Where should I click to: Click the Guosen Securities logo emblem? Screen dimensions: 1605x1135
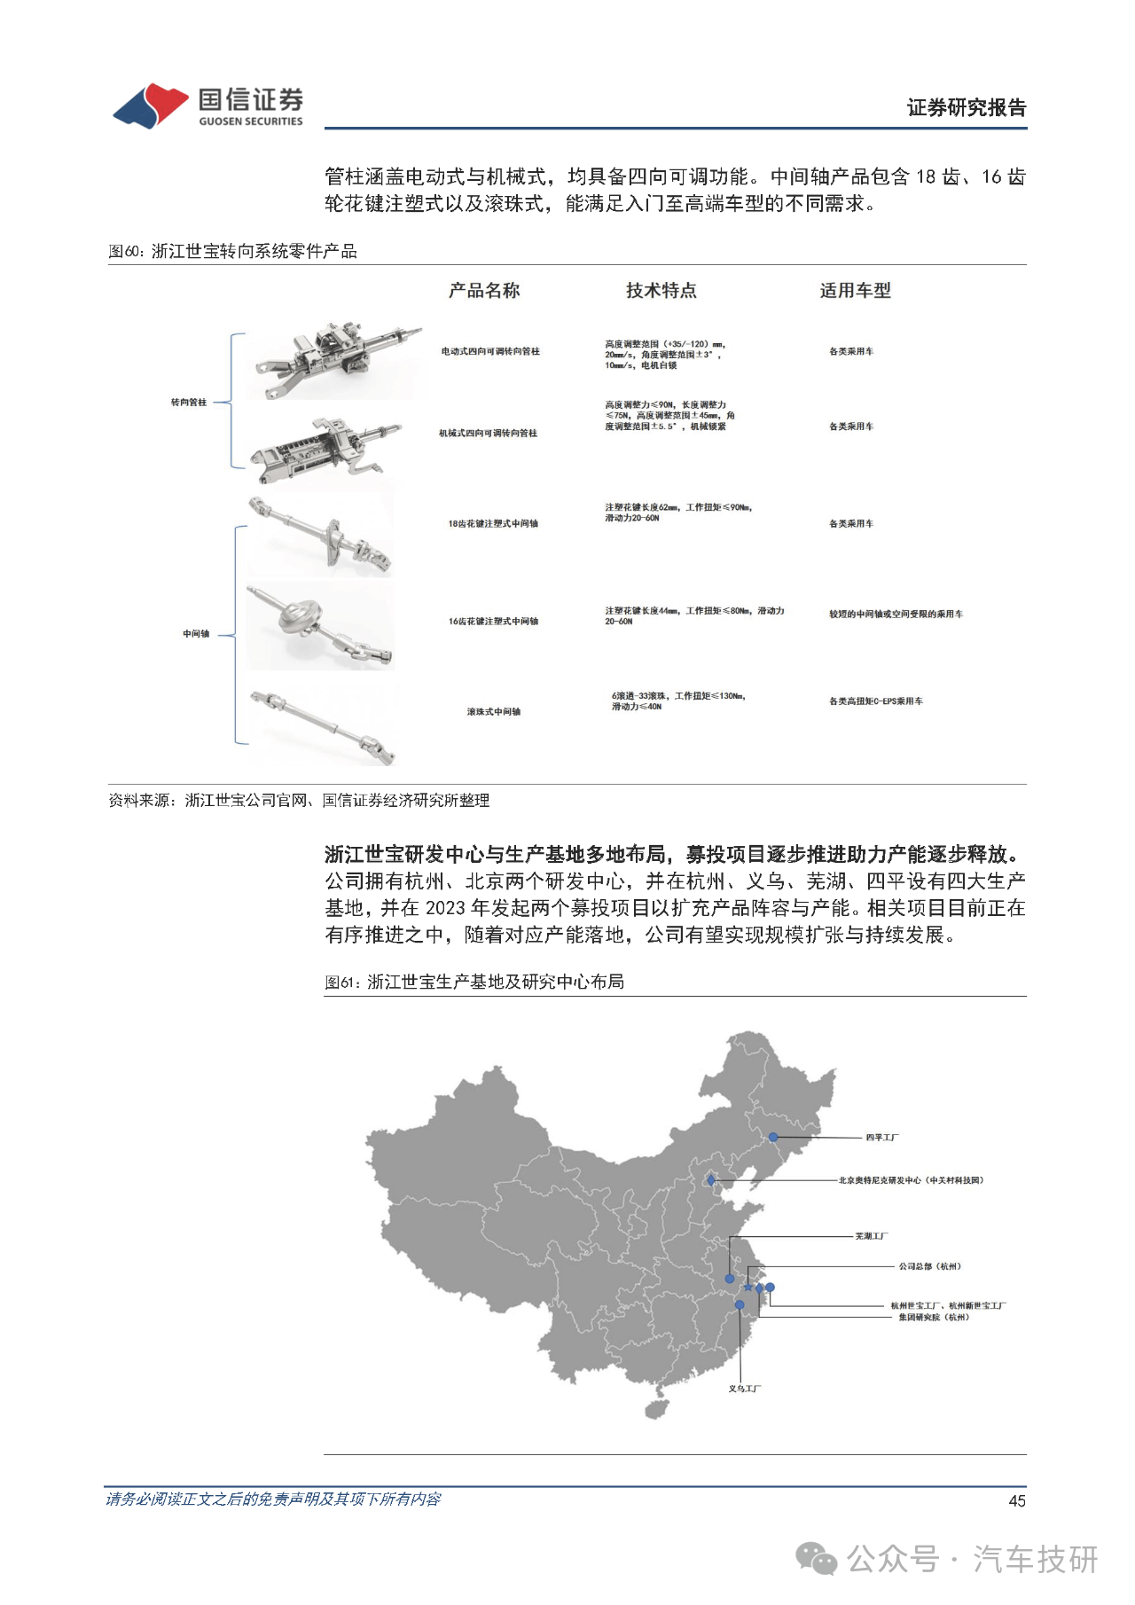coord(150,106)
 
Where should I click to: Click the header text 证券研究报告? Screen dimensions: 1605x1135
coord(966,108)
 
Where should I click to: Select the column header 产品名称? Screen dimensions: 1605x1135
coord(484,291)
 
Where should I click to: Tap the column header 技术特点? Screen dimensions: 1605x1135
coord(661,291)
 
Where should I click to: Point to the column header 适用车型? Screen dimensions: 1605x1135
coord(855,291)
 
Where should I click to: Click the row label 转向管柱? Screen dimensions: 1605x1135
coord(188,403)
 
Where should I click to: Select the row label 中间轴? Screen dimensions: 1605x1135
coord(196,634)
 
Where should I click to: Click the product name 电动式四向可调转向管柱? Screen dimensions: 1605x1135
coord(490,352)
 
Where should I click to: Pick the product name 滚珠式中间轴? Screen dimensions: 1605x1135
coord(494,712)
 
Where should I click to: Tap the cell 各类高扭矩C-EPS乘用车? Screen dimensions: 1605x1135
coord(875,701)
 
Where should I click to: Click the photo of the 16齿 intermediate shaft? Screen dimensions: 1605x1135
coord(319,626)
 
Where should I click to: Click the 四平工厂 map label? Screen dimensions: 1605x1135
coord(882,1138)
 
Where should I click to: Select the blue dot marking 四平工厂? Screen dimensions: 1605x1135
coord(773,1137)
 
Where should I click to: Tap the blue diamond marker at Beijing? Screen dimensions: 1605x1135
coord(711,1180)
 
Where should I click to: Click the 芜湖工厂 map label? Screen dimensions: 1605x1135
coord(871,1236)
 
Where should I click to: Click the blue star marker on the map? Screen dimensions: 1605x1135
coord(748,1287)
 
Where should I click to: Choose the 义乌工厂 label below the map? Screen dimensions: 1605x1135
coord(745,1389)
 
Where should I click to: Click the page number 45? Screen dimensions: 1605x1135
coord(1017,1501)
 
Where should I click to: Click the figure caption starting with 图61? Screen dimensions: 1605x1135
coord(474,982)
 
